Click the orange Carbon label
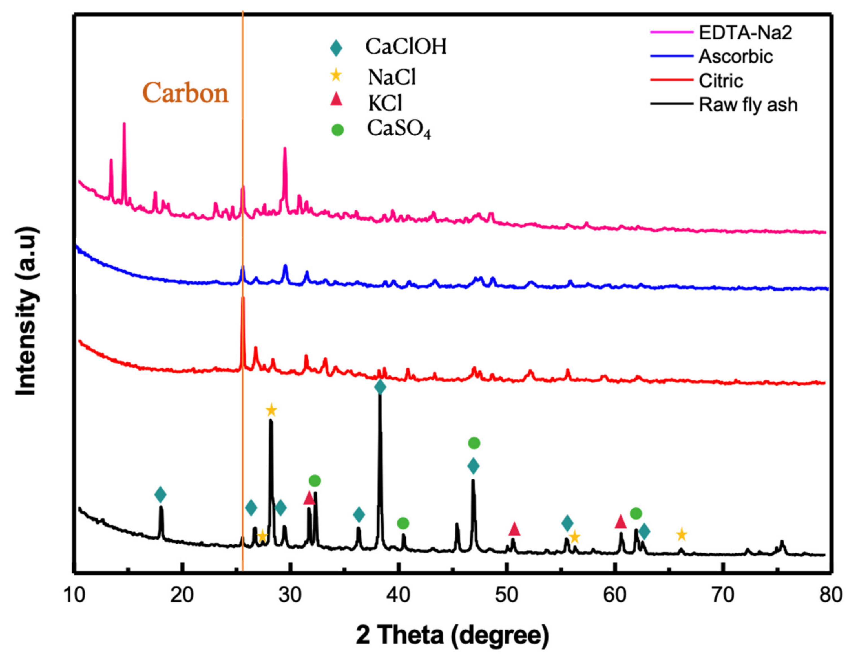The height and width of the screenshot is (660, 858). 185,94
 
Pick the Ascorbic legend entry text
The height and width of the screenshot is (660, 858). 735,57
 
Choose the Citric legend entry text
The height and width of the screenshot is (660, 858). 721,81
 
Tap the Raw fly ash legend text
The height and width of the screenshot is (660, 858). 748,105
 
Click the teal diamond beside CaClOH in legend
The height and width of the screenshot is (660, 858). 336,48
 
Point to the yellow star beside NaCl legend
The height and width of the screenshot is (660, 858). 336,75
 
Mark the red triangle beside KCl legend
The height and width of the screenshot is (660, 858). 336,100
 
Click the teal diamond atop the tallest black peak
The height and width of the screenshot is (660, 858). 380,387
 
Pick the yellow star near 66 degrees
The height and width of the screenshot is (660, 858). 681,534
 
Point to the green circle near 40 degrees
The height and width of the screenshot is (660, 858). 403,523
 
